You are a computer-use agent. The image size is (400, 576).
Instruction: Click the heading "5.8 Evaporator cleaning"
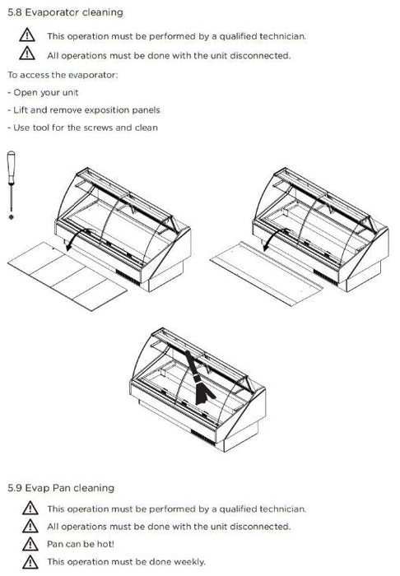click(x=65, y=12)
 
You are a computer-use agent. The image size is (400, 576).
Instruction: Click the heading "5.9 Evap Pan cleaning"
click(x=61, y=488)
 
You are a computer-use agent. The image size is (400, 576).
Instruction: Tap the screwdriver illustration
click(x=12, y=181)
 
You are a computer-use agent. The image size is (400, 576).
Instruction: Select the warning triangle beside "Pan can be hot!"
click(x=30, y=544)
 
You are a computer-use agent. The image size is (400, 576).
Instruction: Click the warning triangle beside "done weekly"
click(x=30, y=562)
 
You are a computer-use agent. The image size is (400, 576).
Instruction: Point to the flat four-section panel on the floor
click(x=67, y=276)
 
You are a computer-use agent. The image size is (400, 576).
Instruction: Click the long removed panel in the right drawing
click(x=267, y=273)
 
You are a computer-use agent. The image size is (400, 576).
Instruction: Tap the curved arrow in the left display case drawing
click(x=77, y=236)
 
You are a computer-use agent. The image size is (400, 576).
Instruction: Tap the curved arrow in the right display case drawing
click(x=274, y=236)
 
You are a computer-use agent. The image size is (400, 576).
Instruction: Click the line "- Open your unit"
click(x=43, y=92)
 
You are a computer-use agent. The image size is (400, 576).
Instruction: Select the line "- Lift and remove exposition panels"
click(x=84, y=110)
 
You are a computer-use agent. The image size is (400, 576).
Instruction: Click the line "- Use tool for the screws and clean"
click(x=82, y=128)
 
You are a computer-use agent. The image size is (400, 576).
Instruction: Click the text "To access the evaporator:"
click(x=63, y=75)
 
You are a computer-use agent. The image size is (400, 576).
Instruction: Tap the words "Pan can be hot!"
click(x=81, y=544)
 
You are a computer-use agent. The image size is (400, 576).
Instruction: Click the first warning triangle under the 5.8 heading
click(x=27, y=35)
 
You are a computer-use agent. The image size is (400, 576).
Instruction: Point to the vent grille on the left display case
click(x=128, y=277)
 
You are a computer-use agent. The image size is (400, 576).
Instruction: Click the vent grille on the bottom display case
click(x=203, y=438)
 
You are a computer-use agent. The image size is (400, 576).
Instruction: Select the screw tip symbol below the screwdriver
click(x=12, y=217)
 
